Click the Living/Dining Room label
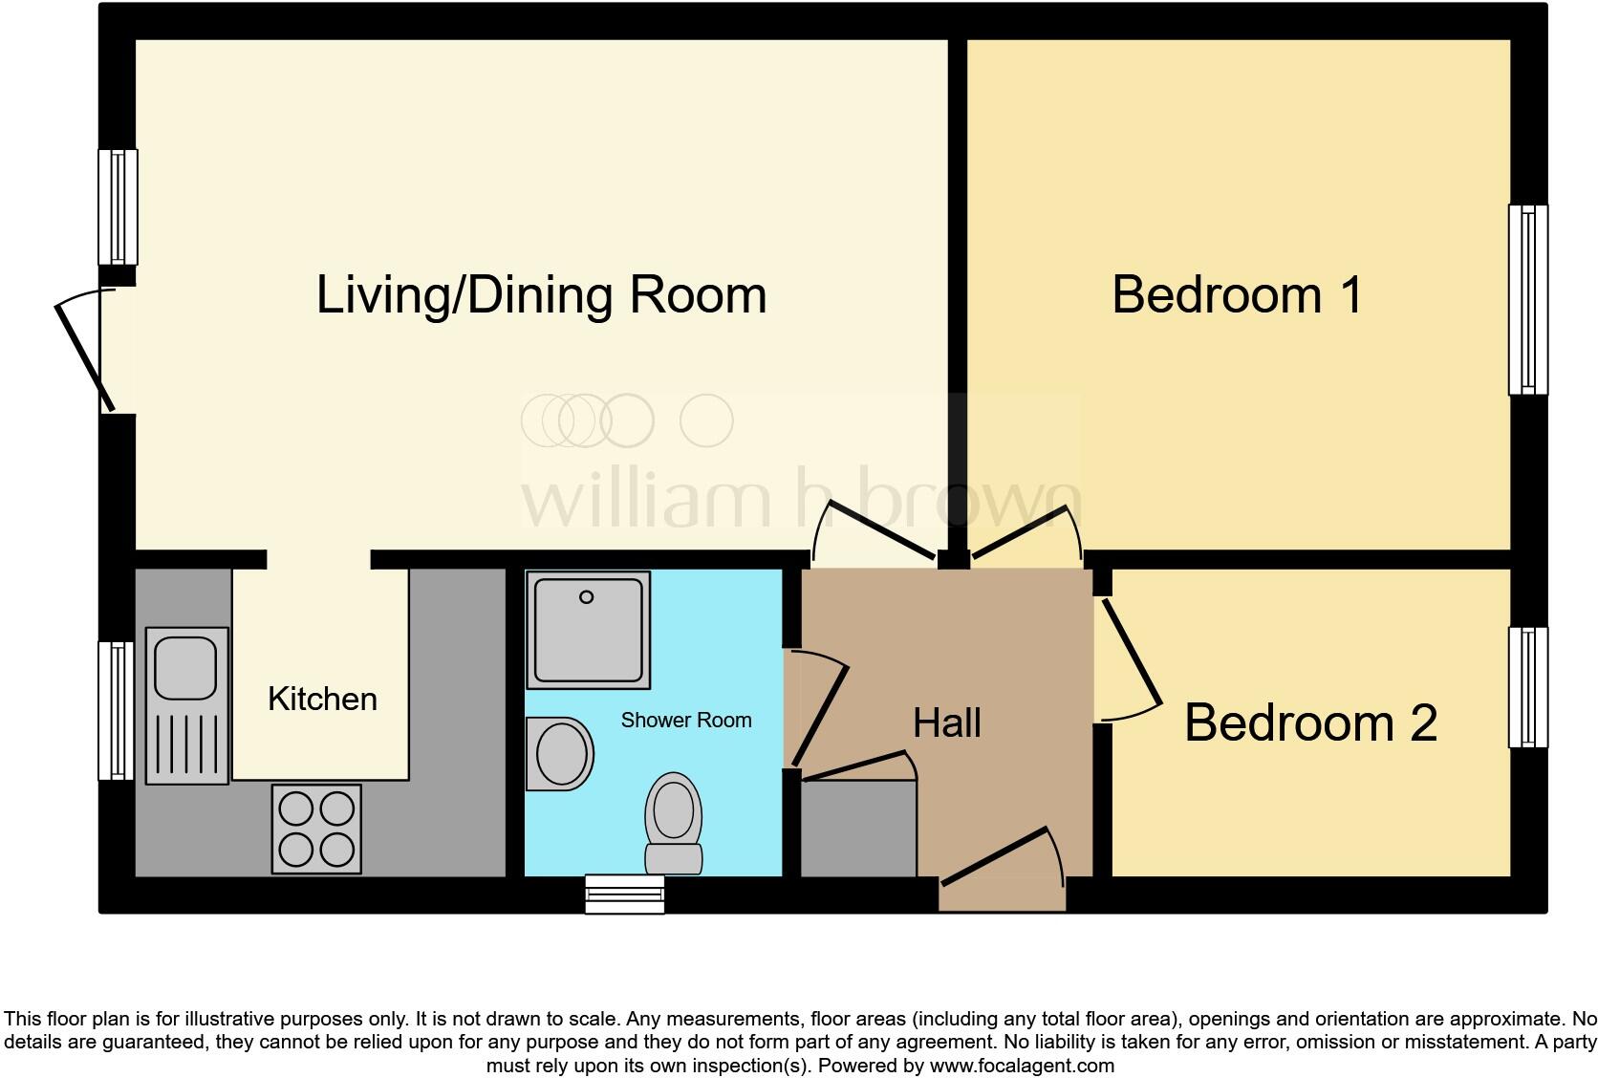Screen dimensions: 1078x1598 pos(541,294)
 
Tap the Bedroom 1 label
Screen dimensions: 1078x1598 pos(1237,294)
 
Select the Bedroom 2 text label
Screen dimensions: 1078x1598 pos(1310,722)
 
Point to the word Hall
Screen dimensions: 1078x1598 pos(946,723)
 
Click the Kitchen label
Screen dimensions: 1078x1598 pos(322,699)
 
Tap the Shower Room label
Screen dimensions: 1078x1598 pos(685,720)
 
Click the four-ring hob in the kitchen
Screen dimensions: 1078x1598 pos(316,829)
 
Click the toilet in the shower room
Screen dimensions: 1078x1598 pos(674,822)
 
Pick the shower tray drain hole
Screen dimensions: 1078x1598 pos(587,597)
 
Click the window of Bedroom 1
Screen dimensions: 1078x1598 pos(1527,299)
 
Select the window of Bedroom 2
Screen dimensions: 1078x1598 pos(1527,687)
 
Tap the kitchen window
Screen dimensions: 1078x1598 pos(118,710)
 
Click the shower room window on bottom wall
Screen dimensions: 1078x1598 pos(624,894)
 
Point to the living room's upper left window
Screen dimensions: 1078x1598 pos(118,206)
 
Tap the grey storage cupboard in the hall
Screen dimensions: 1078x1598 pos(857,828)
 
